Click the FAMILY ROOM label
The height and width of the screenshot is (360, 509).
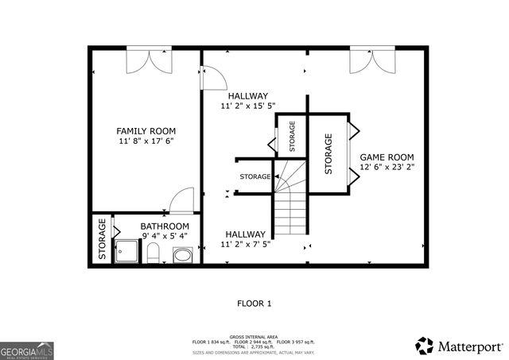pos(146,131)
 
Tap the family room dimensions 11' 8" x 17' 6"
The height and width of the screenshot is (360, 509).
pos(146,141)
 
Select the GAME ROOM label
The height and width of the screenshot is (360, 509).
pos(387,157)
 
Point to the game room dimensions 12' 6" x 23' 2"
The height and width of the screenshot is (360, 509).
pos(387,168)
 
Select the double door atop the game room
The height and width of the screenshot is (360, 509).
pos(367,61)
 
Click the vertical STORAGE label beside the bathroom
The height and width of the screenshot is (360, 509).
pos(103,240)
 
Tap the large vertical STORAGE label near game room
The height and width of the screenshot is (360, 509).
pos(328,153)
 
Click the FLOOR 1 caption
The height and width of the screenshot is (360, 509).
pos(254,303)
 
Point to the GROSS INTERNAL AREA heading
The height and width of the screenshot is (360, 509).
pos(254,337)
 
